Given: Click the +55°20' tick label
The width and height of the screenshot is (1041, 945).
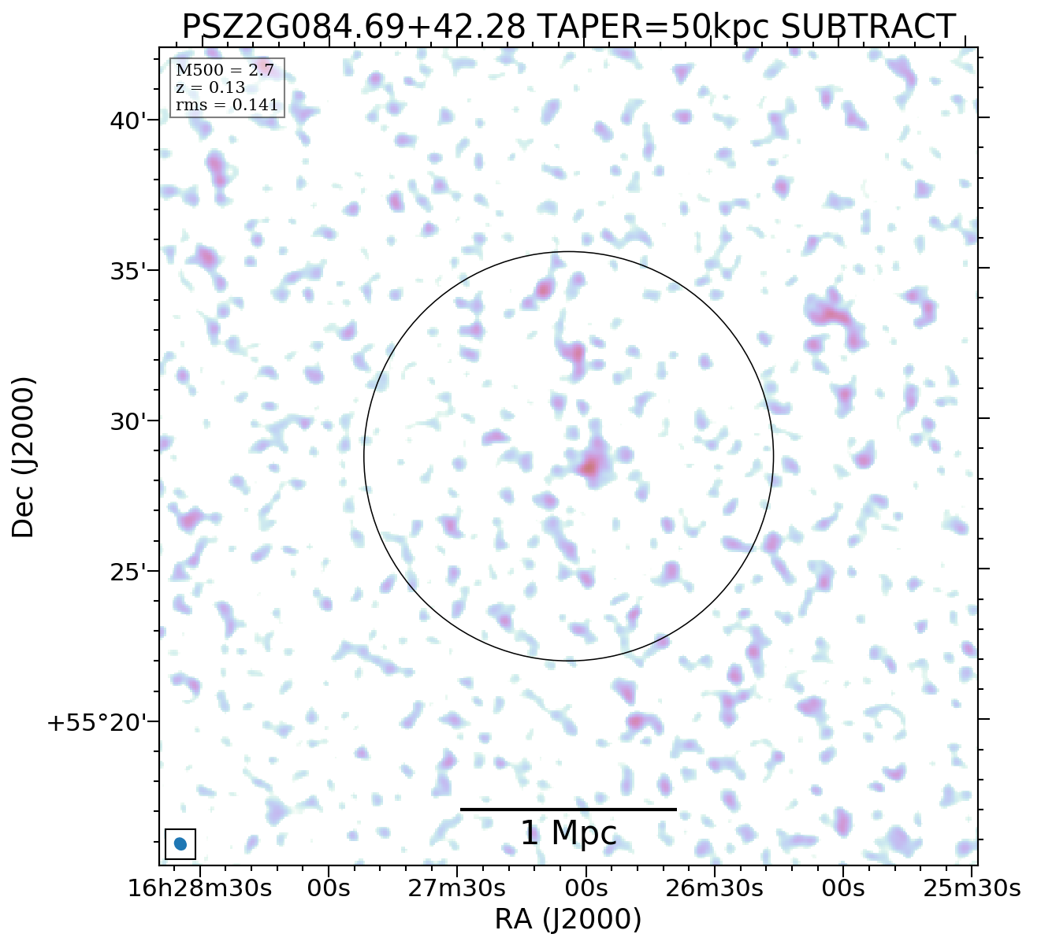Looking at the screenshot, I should click(98, 723).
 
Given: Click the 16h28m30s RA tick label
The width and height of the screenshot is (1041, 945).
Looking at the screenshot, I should click(199, 888).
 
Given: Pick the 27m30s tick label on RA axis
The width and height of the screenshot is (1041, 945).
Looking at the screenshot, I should click(456, 888).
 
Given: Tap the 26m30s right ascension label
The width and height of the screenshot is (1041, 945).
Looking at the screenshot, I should click(714, 888).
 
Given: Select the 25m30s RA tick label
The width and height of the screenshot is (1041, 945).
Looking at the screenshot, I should click(972, 888).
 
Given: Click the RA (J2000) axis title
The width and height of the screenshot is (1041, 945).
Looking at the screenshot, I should click(568, 919).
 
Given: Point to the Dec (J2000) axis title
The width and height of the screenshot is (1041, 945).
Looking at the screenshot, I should click(24, 457).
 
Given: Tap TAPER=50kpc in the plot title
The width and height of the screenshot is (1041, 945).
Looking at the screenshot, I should click(653, 28).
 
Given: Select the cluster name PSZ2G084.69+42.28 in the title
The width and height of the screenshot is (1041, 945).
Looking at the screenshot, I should click(354, 28).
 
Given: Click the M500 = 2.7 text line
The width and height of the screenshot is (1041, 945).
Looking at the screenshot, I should click(225, 71).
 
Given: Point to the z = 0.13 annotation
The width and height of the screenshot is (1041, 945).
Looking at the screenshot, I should click(210, 87).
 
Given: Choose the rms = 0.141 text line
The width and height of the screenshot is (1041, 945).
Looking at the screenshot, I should click(227, 105).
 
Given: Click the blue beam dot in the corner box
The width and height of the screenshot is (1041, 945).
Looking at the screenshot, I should click(180, 844).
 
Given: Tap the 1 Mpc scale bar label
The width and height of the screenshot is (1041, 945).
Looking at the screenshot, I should click(568, 834).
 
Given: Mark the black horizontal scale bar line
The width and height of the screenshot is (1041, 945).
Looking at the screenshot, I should click(568, 809).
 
